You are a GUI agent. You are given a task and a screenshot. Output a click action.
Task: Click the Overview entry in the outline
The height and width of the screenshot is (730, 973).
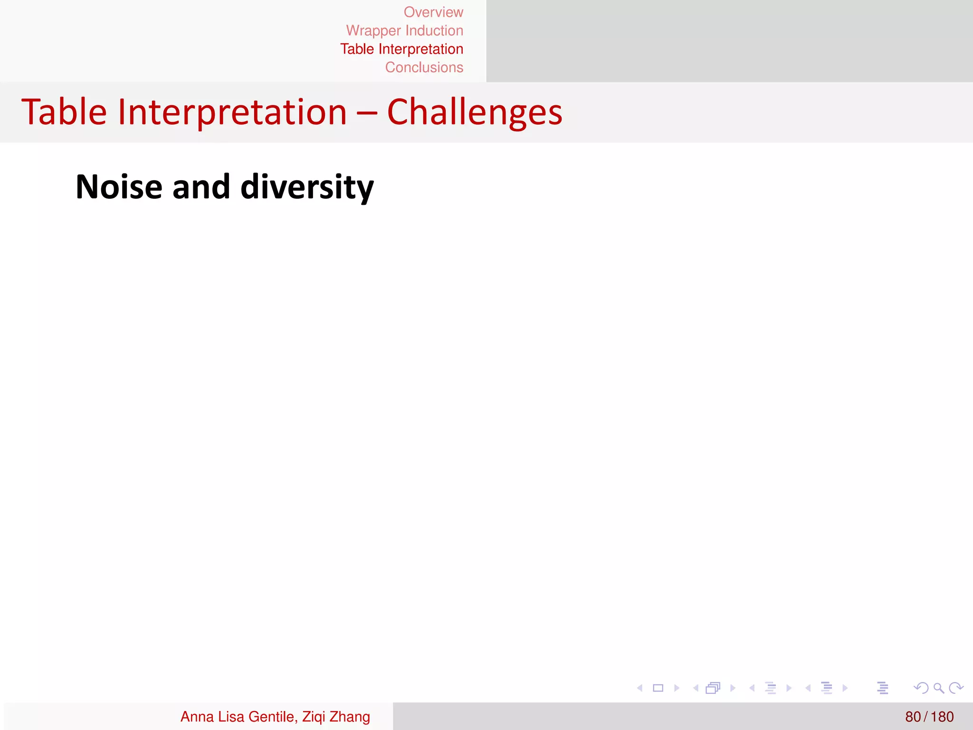click(x=433, y=12)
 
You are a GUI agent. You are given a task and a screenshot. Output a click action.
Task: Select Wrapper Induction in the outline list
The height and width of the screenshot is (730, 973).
click(x=404, y=31)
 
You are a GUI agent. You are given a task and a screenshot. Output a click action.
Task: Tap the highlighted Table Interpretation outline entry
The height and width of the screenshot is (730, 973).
click(x=401, y=49)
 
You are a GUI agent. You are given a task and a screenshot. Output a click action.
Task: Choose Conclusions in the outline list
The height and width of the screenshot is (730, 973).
click(x=424, y=67)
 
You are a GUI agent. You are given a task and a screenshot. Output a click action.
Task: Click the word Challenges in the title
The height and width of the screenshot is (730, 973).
click(x=475, y=112)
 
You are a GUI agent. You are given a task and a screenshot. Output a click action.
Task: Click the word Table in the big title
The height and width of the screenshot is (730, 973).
click(x=64, y=112)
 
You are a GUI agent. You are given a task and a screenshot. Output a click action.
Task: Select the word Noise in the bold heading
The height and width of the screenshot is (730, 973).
click(x=119, y=187)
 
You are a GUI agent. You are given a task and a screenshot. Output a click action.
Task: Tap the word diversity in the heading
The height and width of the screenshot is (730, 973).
click(x=307, y=187)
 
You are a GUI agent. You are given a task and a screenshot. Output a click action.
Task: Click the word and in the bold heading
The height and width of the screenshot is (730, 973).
click(x=201, y=187)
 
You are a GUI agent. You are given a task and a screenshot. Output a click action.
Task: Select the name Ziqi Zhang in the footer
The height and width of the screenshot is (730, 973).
click(x=336, y=716)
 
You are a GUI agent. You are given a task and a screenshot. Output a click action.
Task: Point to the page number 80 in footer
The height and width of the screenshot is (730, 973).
click(x=913, y=716)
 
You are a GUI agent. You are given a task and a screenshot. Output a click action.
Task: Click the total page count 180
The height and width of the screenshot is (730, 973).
click(x=942, y=716)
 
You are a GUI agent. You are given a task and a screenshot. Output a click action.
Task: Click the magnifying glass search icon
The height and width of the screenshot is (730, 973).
click(x=938, y=688)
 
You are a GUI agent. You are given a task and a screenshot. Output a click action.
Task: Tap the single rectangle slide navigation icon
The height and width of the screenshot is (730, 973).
click(x=658, y=688)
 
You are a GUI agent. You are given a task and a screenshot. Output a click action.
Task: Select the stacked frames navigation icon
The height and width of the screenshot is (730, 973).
click(x=713, y=688)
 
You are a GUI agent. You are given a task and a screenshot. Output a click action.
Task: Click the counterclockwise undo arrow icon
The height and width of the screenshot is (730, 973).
click(x=921, y=688)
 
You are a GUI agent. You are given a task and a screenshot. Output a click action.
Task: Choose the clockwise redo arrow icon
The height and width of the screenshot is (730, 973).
click(x=955, y=688)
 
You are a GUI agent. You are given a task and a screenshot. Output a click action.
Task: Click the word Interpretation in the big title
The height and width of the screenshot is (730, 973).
click(x=232, y=112)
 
